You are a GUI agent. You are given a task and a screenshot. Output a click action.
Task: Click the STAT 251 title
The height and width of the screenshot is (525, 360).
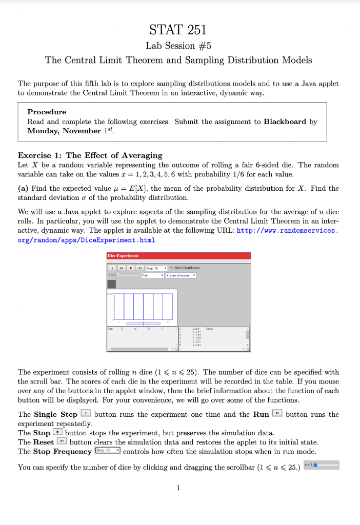pyautogui.click(x=178, y=29)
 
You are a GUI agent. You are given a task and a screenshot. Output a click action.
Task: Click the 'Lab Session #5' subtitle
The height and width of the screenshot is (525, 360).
pyautogui.click(x=178, y=46)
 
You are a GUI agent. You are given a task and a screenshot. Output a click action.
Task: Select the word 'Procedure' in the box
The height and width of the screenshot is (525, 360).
pyautogui.click(x=47, y=112)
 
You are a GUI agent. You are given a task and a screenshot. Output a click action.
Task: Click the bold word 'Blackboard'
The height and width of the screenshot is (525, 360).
pyautogui.click(x=285, y=122)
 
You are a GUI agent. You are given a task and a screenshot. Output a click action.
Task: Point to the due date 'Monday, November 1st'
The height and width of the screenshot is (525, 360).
pyautogui.click(x=71, y=131)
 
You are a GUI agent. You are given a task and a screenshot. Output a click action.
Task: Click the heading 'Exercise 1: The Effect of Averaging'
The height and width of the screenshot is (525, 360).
pyautogui.click(x=90, y=155)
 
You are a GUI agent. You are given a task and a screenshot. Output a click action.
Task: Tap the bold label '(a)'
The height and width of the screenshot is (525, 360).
pyautogui.click(x=23, y=188)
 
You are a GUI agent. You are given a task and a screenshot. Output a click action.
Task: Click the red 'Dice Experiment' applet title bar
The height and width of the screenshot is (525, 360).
pyautogui.click(x=178, y=255)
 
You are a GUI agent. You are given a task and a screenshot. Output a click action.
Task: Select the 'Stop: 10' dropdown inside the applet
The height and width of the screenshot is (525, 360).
pyautogui.click(x=156, y=268)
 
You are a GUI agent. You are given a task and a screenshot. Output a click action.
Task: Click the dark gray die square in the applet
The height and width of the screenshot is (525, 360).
pyautogui.click(x=111, y=284)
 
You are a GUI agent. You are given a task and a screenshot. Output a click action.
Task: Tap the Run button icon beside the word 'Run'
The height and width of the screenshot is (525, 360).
pyautogui.click(x=277, y=414)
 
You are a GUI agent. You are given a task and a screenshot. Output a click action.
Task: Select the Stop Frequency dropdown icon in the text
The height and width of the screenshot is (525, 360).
pyautogui.click(x=108, y=451)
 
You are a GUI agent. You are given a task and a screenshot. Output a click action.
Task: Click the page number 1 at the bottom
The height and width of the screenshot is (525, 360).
pyautogui.click(x=178, y=488)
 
